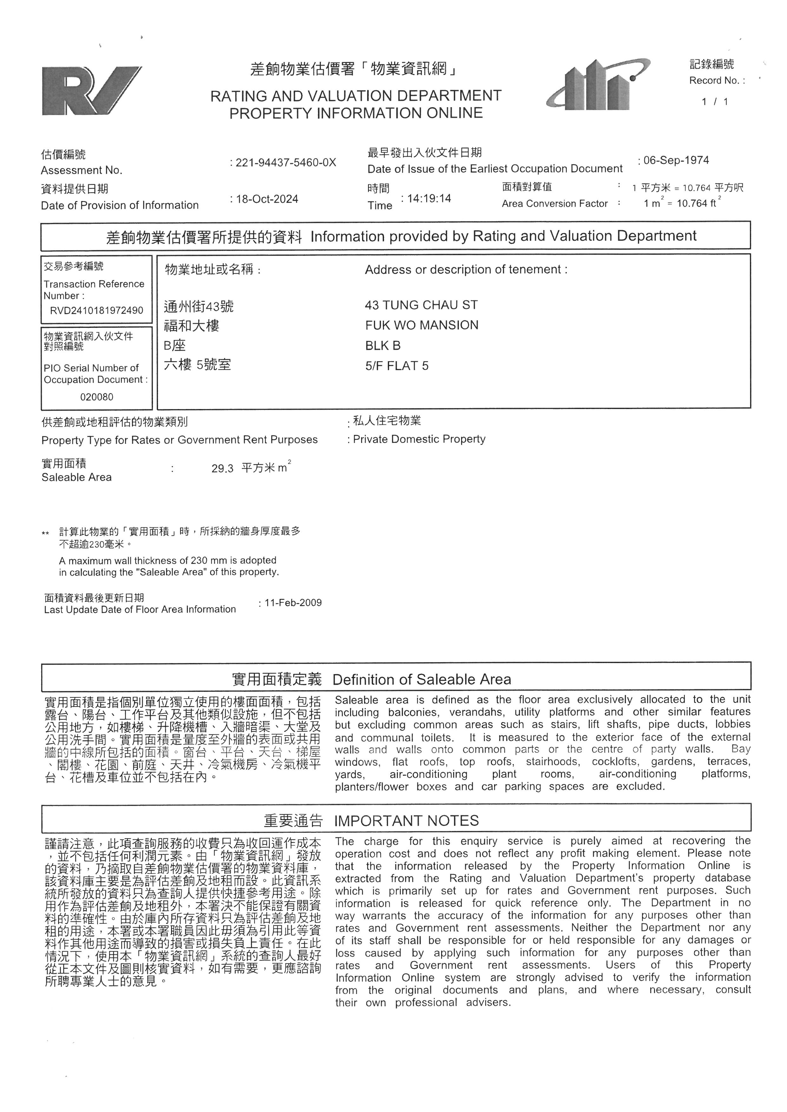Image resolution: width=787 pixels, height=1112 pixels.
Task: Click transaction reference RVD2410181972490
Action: [96, 310]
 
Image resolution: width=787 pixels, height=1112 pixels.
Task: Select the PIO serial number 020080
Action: [96, 397]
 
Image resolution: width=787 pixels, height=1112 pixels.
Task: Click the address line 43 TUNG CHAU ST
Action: [421, 305]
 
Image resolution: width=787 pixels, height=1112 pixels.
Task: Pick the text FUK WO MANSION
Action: [422, 325]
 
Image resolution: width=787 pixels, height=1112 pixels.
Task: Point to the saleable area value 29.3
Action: [222, 468]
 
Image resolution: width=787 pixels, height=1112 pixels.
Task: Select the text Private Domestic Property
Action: [419, 439]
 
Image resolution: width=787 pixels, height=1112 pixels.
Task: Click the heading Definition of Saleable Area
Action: [422, 680]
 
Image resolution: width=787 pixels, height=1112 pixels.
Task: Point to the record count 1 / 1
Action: [715, 102]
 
